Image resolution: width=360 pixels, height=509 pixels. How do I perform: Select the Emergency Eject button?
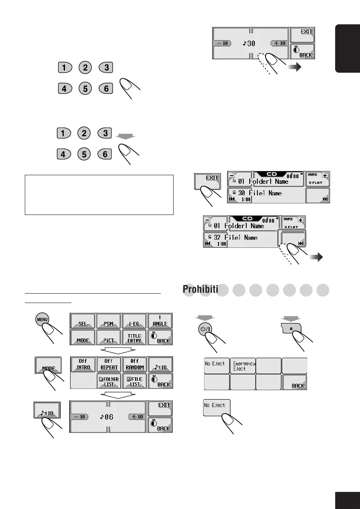point(243,366)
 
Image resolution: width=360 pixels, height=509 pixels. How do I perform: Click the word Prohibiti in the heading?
point(200,289)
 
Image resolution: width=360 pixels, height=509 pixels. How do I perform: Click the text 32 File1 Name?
point(236,237)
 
